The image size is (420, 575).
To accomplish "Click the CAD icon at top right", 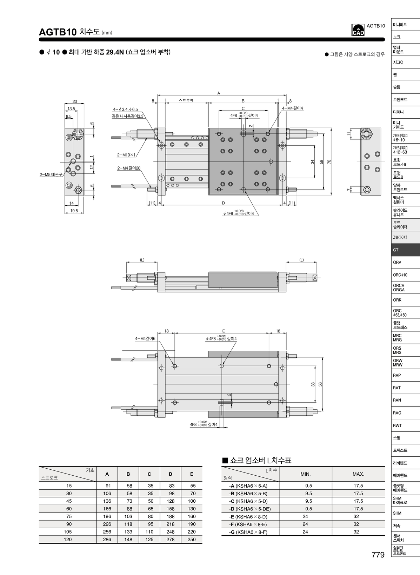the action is [358, 30].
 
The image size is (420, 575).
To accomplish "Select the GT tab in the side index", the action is [406, 250].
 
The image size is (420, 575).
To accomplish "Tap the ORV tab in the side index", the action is [406, 262].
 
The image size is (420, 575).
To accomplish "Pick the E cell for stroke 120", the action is [192, 540].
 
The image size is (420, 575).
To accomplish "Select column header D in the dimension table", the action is [171, 474].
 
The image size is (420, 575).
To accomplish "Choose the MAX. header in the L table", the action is [358, 474].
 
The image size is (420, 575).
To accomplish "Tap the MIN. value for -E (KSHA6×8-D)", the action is [305, 516].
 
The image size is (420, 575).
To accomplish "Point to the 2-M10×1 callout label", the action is [126, 155].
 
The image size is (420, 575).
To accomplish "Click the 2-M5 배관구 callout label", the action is [51, 174].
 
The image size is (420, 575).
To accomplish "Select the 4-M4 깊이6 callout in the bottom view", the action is [145, 339].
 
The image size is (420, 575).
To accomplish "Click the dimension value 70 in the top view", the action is [329, 162].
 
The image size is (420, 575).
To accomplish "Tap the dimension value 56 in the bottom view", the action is [320, 384].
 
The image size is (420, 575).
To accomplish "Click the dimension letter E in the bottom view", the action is [224, 331].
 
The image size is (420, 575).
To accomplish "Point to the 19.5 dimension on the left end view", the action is [74, 211].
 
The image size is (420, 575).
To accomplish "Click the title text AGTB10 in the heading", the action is [58, 32].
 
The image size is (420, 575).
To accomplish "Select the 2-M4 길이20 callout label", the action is [129, 168].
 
